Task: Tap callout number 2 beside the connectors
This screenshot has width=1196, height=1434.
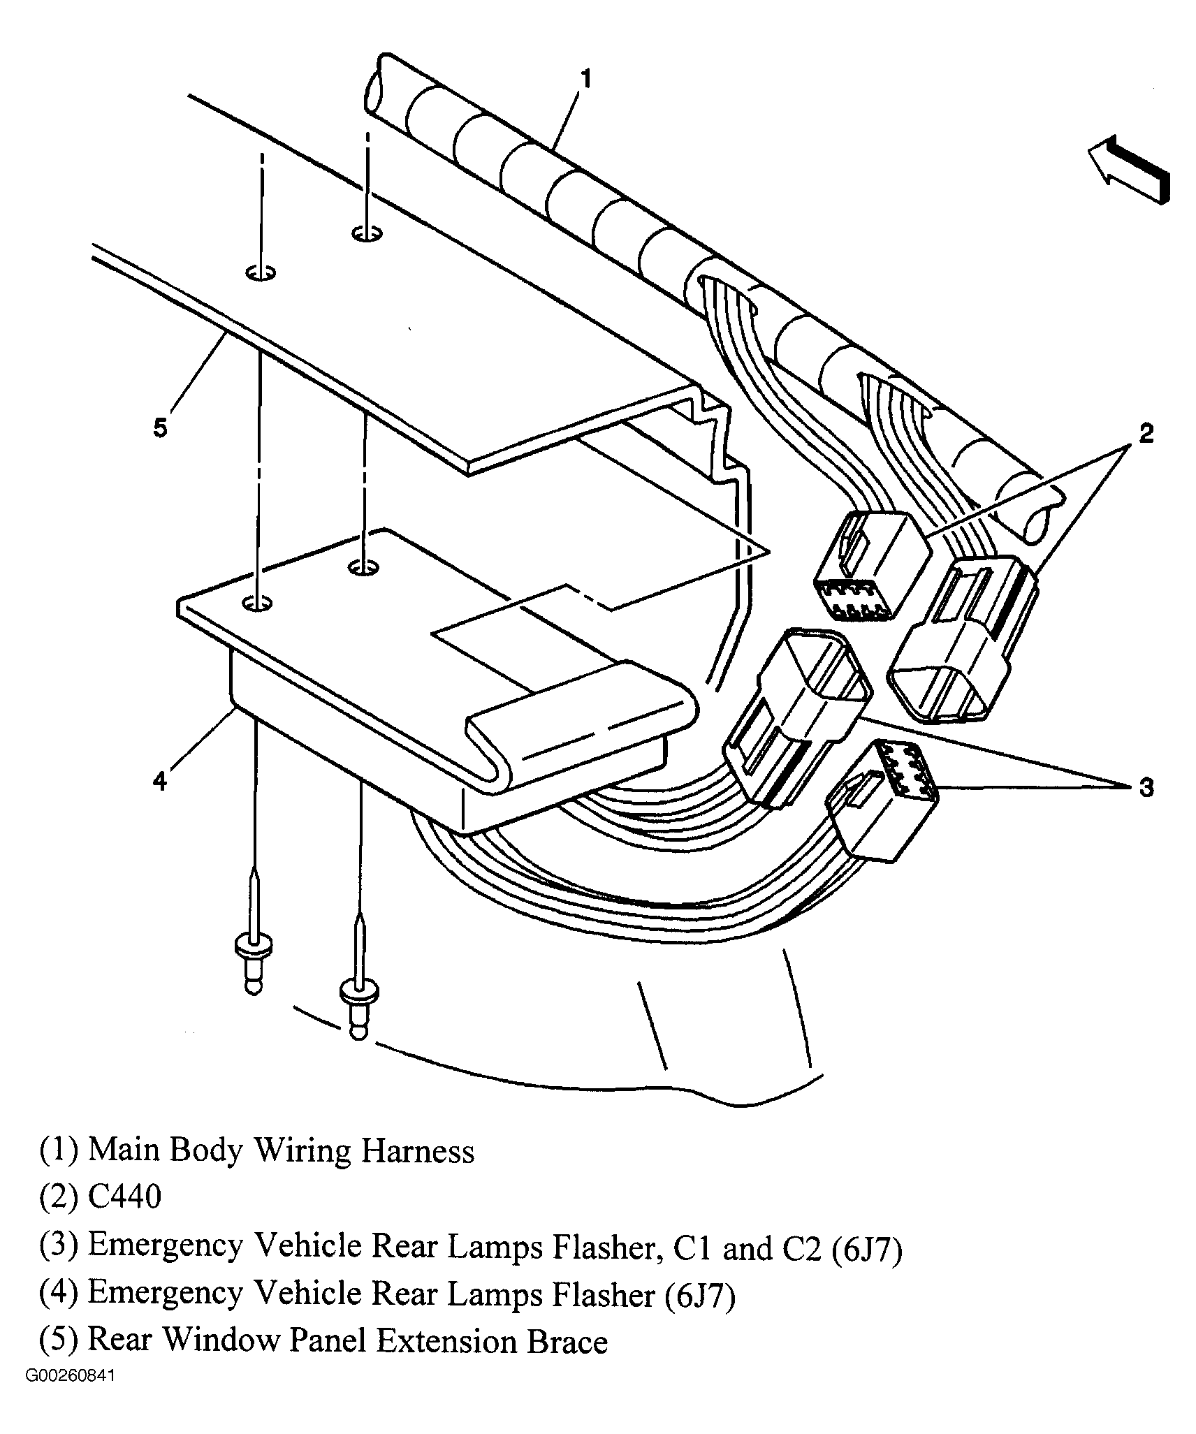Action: (x=1146, y=434)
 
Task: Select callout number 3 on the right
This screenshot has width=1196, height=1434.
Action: (x=1146, y=787)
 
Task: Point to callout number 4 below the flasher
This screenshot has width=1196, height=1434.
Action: (x=160, y=780)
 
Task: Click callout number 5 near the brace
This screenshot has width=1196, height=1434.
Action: (x=161, y=427)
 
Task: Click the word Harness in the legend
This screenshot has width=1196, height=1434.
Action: (x=417, y=1171)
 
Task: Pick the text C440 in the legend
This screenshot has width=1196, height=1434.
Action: (x=124, y=1217)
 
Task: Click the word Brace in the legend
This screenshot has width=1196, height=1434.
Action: (x=567, y=1360)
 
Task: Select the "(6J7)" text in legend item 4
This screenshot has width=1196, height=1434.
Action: (x=694, y=1312)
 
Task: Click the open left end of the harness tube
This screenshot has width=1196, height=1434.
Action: (x=374, y=84)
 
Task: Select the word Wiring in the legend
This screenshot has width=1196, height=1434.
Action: (x=301, y=1171)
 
